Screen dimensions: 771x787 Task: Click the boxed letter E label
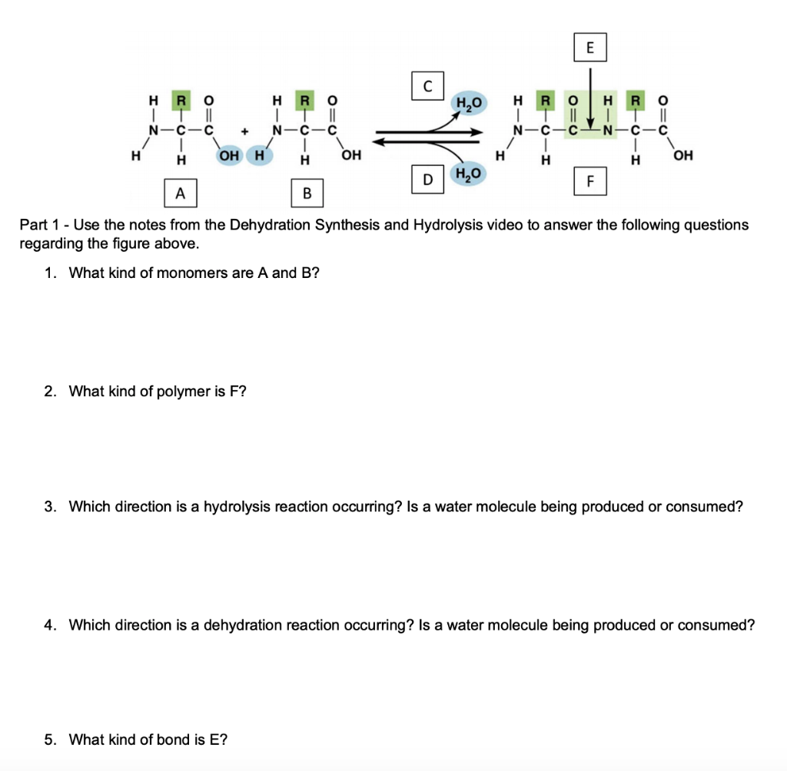(x=589, y=47)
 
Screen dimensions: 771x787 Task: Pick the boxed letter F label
(x=590, y=182)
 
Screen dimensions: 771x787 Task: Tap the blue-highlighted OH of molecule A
(x=228, y=156)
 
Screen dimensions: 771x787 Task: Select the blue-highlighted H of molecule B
(x=260, y=156)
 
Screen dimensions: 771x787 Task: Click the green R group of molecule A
(x=181, y=101)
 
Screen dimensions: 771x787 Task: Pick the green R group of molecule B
(x=306, y=101)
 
